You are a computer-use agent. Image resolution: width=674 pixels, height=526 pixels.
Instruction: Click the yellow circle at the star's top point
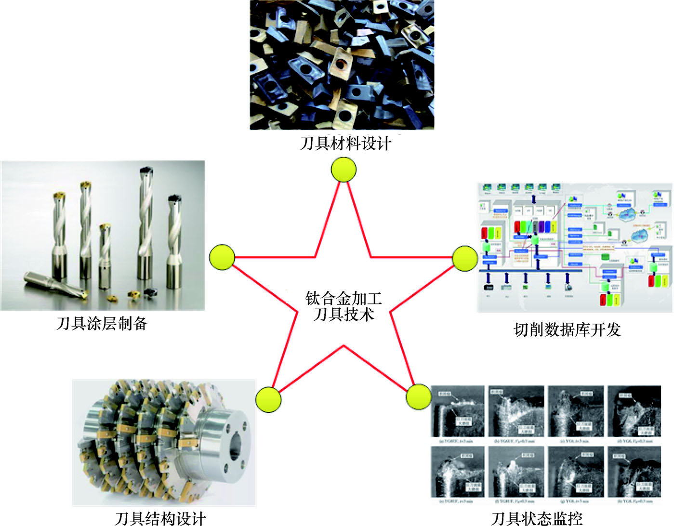click(344, 170)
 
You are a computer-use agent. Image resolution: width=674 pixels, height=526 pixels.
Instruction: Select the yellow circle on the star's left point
click(222, 257)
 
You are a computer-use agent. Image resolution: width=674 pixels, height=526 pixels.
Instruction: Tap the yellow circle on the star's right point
click(465, 258)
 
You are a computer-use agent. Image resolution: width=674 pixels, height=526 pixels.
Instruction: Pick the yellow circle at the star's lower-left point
click(268, 399)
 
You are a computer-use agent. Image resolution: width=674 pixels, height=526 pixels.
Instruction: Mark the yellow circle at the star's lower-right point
click(418, 397)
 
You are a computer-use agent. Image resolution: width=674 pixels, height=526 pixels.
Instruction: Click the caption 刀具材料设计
click(345, 144)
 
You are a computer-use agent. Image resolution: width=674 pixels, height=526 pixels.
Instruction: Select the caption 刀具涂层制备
click(102, 323)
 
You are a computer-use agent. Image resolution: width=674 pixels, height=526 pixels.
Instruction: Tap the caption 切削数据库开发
click(567, 329)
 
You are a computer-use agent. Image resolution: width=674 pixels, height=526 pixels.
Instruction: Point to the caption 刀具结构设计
click(160, 518)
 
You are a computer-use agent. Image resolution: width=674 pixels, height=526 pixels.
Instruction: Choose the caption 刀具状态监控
click(537, 518)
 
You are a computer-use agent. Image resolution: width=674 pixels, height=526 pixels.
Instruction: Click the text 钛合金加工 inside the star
click(344, 298)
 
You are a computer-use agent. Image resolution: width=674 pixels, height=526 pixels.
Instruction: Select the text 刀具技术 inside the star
click(344, 315)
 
